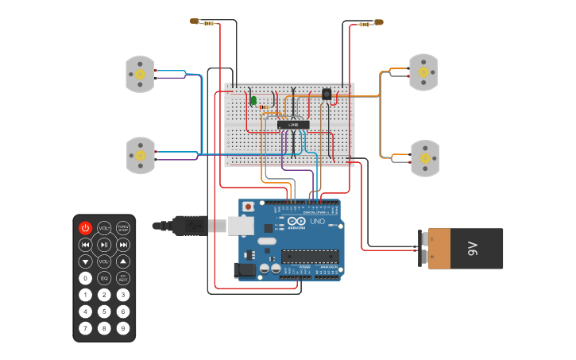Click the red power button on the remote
(85, 228)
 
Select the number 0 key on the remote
(85, 278)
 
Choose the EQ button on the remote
(104, 278)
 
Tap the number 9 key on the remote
(123, 327)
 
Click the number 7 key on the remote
(85, 327)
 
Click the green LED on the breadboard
(253, 100)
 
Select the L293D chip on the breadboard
(293, 124)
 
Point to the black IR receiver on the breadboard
(327, 94)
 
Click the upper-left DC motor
(140, 74)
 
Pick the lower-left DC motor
(141, 156)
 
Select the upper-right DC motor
(423, 72)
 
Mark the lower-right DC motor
(424, 158)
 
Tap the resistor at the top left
(208, 22)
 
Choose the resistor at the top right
(365, 24)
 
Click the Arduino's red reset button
(248, 207)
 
